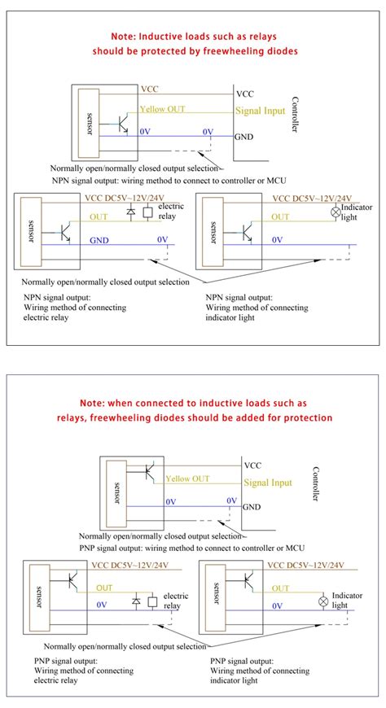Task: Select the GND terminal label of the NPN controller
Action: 244,138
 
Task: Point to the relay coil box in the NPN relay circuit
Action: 147,213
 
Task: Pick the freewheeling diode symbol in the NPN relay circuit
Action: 131,213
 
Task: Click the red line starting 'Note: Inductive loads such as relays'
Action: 192,37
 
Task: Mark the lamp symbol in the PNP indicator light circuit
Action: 322,601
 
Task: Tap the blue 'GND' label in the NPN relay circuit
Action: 99,241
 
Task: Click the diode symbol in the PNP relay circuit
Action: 137,601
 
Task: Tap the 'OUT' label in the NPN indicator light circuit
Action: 279,216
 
